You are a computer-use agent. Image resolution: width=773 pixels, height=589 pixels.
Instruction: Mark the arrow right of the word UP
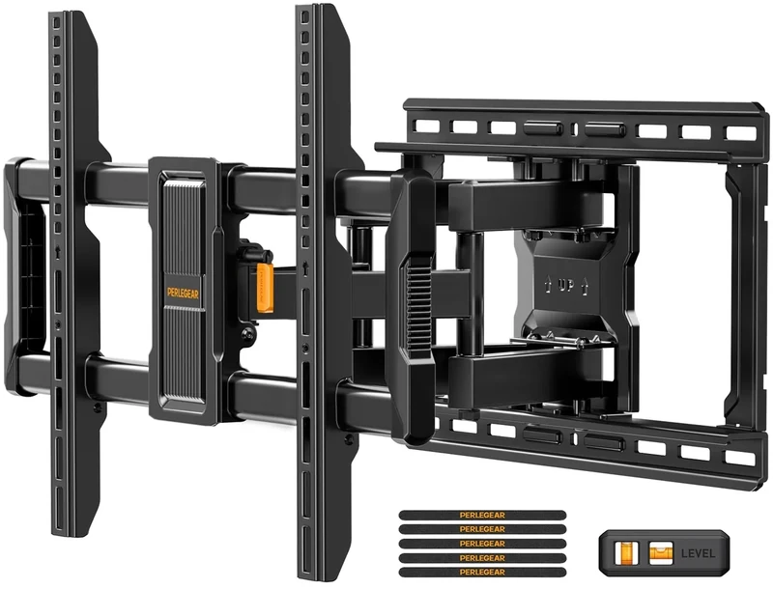point(591,287)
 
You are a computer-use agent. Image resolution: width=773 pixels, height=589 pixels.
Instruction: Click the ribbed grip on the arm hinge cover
point(414,299)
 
